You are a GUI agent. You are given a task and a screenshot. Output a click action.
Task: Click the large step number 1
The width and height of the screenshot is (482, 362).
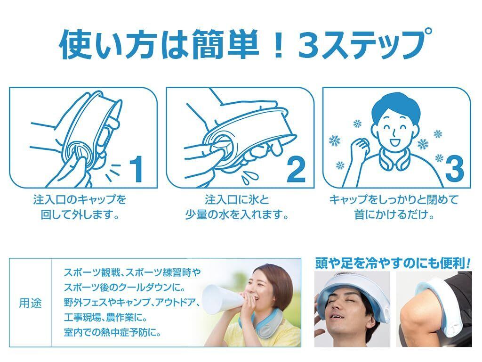tap(136, 169)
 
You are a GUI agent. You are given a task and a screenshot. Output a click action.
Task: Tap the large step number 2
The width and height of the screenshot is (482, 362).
tap(296, 169)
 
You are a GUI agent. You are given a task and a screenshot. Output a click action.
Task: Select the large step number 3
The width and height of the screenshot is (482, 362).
tap(454, 169)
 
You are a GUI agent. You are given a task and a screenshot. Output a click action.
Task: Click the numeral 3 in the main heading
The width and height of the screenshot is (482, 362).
tap(309, 43)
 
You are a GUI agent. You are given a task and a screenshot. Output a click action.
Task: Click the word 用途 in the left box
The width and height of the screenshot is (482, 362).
tap(30, 303)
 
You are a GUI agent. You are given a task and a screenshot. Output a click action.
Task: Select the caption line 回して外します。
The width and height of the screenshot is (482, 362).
tap(80, 214)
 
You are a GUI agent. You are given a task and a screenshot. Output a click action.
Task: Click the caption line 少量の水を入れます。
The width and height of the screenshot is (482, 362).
tap(237, 214)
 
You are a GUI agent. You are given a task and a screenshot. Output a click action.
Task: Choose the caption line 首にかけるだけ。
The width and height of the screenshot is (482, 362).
tap(394, 214)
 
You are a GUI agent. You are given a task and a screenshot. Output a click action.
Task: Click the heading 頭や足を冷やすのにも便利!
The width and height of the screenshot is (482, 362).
tap(393, 264)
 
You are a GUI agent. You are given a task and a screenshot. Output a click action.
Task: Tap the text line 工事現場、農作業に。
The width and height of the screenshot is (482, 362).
tap(106, 317)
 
